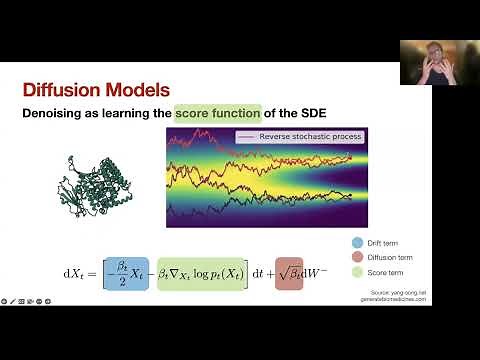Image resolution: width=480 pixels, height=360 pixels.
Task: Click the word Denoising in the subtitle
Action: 58,114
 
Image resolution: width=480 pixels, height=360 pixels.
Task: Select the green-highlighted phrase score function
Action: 217,114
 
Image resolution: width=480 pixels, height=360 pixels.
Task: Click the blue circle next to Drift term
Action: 357,241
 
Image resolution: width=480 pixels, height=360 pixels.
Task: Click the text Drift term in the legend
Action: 384,241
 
